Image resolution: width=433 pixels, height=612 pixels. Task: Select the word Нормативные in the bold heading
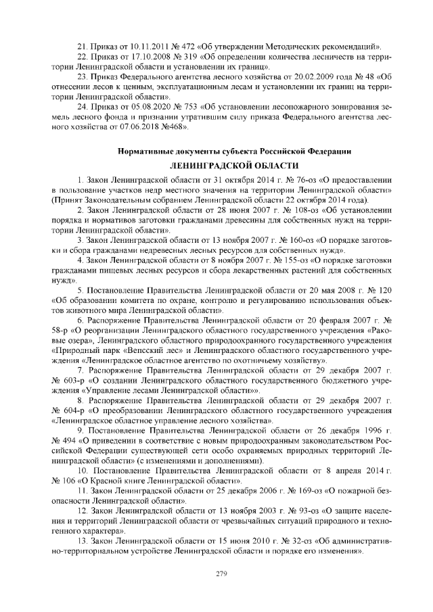pos(145,150)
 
